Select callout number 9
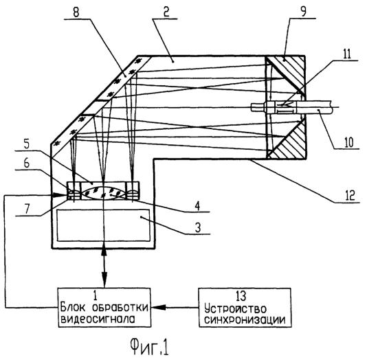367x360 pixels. (303, 12)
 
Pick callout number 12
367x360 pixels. (350, 195)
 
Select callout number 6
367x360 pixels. (27, 163)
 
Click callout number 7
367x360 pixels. (27, 209)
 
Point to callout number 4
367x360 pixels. (197, 206)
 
